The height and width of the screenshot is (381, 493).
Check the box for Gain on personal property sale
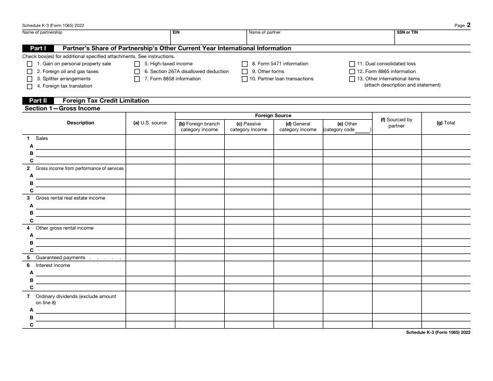(x=29, y=64)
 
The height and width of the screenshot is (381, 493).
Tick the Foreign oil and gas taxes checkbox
(x=29, y=72)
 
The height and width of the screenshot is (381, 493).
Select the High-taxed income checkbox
(x=137, y=64)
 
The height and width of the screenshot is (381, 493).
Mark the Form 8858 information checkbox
(x=137, y=79)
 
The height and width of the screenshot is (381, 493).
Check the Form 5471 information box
(x=244, y=64)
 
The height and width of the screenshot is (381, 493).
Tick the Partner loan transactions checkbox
(x=244, y=79)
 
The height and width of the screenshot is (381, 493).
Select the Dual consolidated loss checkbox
(x=352, y=64)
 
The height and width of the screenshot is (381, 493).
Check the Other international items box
(x=352, y=79)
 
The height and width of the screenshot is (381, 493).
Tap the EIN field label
(x=176, y=32)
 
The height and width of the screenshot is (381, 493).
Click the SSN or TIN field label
(x=407, y=32)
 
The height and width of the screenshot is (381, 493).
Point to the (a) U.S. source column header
(x=150, y=123)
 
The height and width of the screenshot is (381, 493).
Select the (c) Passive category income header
(x=249, y=127)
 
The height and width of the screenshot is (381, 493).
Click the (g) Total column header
(x=446, y=123)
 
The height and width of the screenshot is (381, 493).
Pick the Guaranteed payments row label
(x=60, y=258)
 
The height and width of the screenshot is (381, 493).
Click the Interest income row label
(x=52, y=265)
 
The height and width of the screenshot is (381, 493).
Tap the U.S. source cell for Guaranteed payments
(x=150, y=258)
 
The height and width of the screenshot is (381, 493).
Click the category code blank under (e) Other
(x=362, y=130)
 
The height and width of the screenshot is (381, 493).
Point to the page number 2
(x=469, y=24)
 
